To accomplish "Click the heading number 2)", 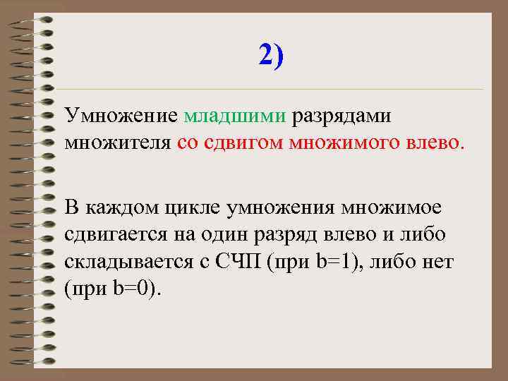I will [x=271, y=54].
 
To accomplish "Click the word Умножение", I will [x=121, y=115].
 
